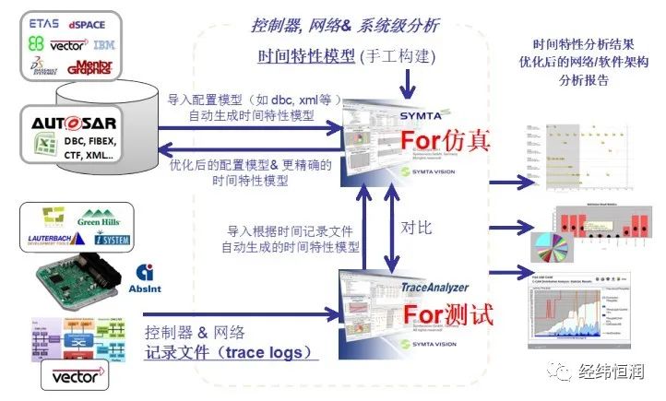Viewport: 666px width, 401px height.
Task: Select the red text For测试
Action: tap(446, 313)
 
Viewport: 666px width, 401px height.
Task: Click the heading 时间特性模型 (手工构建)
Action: tap(351, 56)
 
